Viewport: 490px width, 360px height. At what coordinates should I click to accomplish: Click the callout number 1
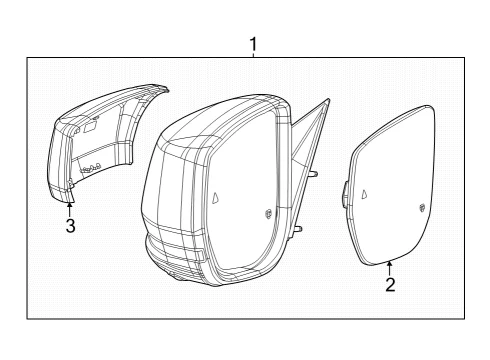coord(254,45)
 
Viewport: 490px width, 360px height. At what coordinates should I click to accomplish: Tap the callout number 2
coord(390,285)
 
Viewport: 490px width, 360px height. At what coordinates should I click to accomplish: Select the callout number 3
coord(70,226)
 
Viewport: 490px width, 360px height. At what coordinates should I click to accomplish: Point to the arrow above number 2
coord(389,269)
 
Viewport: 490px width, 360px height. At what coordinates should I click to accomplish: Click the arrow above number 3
coord(69,210)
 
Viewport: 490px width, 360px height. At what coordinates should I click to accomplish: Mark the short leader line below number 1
coord(254,55)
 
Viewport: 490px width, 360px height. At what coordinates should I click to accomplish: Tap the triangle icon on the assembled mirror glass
coord(216,198)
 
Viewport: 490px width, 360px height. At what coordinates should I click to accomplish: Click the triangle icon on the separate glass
coord(365,194)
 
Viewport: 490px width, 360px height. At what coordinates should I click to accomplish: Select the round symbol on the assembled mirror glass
coord(268,214)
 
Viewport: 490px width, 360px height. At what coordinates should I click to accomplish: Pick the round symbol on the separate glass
coord(422,207)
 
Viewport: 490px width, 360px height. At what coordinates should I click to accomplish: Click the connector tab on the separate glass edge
coord(344,194)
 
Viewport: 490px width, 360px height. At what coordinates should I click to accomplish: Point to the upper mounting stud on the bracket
coord(313,174)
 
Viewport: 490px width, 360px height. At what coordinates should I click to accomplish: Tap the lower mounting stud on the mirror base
coord(298,229)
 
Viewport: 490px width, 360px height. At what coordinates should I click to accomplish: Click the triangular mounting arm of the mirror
coord(310,133)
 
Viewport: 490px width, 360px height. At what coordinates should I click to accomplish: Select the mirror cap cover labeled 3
coord(100,140)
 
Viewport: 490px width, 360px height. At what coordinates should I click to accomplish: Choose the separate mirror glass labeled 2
coord(391,186)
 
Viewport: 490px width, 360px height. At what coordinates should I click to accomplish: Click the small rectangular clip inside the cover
coord(89,127)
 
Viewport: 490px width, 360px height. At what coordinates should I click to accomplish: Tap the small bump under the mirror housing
coord(177,278)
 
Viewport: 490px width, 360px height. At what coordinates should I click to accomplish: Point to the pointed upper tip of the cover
coord(164,88)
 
